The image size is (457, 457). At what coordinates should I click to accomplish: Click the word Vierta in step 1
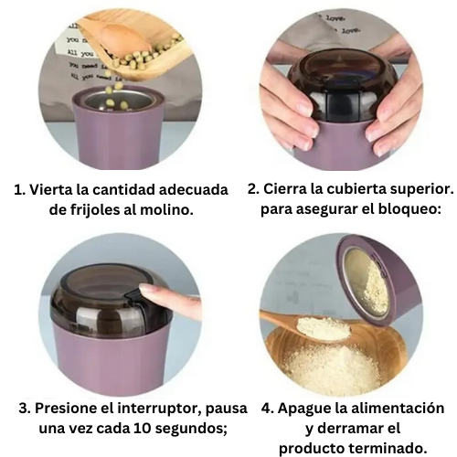[53, 190]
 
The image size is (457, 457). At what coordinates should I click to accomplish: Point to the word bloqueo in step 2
[409, 208]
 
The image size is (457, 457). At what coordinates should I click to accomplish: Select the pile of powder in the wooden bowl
[329, 366]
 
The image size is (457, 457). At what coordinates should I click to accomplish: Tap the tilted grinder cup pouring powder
[375, 279]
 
